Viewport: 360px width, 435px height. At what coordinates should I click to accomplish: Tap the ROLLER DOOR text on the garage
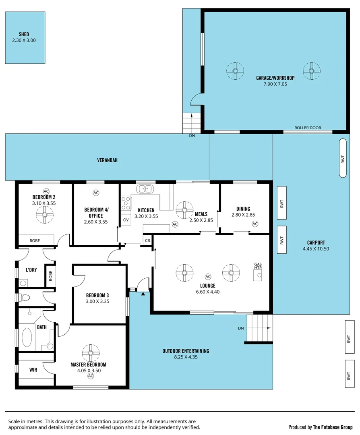click(308, 128)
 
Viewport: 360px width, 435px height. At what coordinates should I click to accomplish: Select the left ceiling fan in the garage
click(235, 71)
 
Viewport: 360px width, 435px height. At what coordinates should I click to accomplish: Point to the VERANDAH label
click(107, 160)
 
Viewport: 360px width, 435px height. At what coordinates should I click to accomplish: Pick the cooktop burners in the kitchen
click(126, 203)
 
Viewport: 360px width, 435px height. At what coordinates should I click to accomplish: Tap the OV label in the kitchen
click(126, 220)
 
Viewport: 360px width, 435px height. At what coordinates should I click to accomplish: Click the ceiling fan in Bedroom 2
click(44, 215)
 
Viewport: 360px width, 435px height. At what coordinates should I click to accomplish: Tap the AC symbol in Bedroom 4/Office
click(96, 193)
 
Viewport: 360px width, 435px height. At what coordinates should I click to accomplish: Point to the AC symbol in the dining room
click(254, 224)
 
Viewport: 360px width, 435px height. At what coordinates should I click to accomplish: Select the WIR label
click(33, 369)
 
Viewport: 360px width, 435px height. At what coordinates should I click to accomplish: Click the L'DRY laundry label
click(31, 270)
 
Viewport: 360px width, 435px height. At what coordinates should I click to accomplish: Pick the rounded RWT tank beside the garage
click(343, 158)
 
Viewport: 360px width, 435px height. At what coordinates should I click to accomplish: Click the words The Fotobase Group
click(333, 427)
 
